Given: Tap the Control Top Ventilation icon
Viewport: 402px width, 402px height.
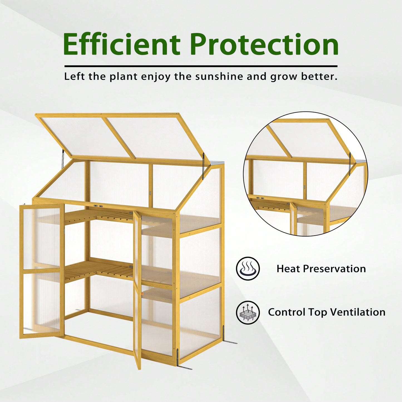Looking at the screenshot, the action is [x=248, y=312].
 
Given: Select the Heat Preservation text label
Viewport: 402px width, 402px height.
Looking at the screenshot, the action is [x=321, y=269].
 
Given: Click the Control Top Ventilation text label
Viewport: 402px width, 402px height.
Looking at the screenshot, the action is [x=327, y=312].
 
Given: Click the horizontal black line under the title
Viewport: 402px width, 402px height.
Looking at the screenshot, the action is [x=201, y=66].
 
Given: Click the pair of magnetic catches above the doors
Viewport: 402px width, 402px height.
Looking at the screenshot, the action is [x=98, y=206].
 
